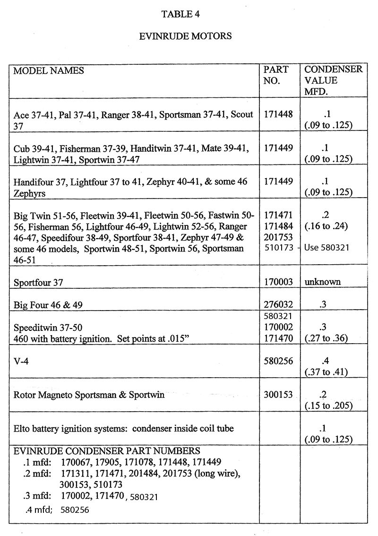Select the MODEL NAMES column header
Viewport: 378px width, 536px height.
pos(49,71)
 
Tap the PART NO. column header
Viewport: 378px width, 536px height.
pos(275,75)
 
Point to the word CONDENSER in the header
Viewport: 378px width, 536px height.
pos(333,69)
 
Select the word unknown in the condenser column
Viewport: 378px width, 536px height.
pos(323,282)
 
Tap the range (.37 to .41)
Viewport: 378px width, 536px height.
pos(326,372)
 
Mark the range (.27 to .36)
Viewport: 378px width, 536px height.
pos(326,338)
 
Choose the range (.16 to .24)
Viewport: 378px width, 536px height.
pos(326,226)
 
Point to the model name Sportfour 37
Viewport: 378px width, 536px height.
pos(38,283)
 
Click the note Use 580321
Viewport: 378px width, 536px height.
pos(327,247)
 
